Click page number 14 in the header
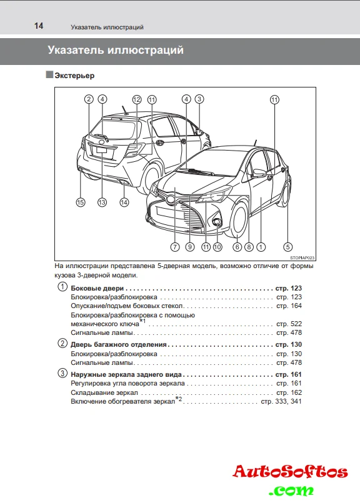39,26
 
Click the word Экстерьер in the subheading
74,76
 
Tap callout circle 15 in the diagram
81,202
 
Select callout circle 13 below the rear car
102,202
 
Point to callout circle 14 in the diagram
124,202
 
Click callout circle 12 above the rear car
137,99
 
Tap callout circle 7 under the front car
175,247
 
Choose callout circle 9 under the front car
190,247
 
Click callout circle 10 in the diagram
217,247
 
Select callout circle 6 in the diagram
237,247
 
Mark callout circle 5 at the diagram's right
287,247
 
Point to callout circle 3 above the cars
199,99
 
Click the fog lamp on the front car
217,221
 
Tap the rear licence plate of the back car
102,150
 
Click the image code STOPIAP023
302,258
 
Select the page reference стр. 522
289,324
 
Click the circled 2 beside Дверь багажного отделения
62,343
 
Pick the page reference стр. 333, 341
281,401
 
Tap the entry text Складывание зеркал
104,392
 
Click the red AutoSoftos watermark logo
291,472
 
